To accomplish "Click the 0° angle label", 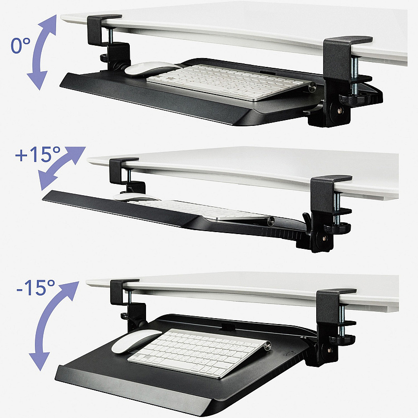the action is point(21,45).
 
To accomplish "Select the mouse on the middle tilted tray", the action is point(136,198).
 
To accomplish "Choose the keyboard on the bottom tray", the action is point(199,353).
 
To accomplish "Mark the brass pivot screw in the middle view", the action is point(325,238).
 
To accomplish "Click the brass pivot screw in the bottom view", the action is point(330,350).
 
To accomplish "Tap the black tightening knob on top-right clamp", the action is point(355,99).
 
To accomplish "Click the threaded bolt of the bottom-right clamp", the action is point(341,321).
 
